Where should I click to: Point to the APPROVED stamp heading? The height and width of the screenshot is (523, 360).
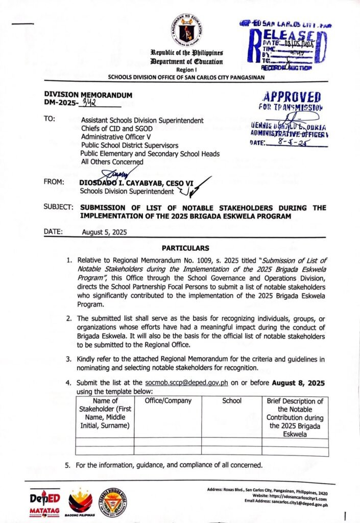pos(290,98)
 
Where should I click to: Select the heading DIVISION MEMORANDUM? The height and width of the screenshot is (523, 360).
pos(88,95)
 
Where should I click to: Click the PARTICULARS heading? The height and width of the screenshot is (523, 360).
pos(185,248)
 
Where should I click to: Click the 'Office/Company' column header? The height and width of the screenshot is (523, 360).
pos(168,401)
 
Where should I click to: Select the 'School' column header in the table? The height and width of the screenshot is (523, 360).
pos(232,401)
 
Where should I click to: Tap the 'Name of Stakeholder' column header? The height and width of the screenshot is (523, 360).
pos(105,413)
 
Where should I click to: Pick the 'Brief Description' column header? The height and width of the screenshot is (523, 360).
pos(295,417)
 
